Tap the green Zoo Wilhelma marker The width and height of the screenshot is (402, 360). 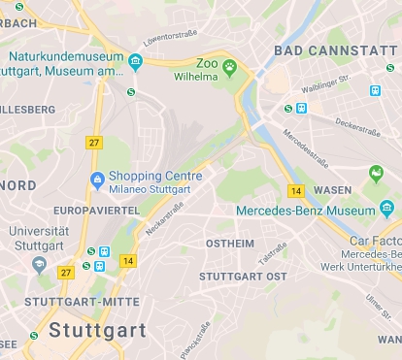click(229, 67)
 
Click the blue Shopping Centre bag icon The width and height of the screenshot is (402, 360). click(96, 180)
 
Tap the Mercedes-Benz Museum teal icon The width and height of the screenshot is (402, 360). click(386, 208)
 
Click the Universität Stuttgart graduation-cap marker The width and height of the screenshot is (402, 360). click(39, 263)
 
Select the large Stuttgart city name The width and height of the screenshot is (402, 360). click(97, 329)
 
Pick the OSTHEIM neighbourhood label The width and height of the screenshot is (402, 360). click(231, 244)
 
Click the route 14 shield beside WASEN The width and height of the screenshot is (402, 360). click(297, 191)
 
